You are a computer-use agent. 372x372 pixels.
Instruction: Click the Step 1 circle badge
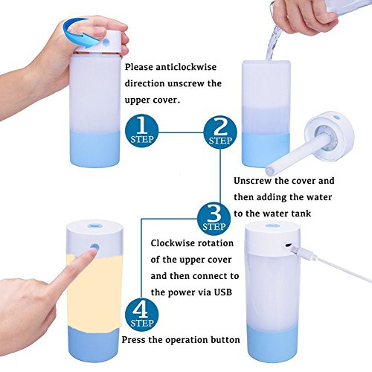141,132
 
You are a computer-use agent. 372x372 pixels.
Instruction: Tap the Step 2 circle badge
220,132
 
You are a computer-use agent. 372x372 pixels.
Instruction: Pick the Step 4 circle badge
141,315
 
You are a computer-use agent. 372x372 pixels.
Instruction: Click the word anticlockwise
186,67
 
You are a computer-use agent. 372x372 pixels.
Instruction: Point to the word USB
223,292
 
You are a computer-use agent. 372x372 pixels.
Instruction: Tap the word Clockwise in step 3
172,243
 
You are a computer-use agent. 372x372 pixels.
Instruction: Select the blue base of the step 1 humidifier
94,149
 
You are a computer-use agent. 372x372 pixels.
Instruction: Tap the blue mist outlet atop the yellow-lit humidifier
94,225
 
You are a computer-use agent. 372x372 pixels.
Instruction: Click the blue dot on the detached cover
337,118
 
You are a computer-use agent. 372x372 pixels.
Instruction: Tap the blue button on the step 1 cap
106,42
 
